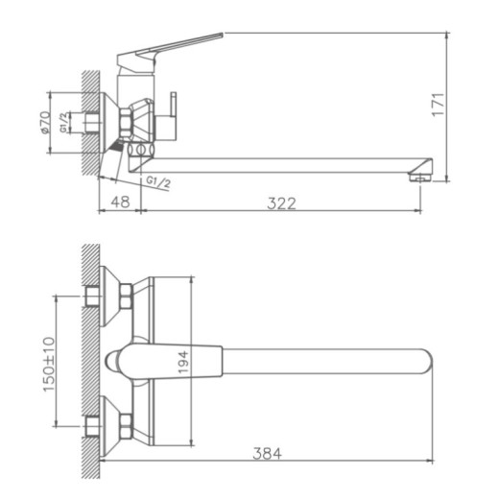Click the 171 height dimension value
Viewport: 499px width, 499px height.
(x=437, y=104)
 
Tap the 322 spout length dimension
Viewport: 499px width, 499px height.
(x=281, y=202)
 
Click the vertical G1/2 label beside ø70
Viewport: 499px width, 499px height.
(x=62, y=123)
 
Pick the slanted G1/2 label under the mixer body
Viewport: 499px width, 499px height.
(x=158, y=182)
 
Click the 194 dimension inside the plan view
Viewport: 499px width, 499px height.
(x=184, y=362)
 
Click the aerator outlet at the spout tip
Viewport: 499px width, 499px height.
(x=417, y=176)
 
